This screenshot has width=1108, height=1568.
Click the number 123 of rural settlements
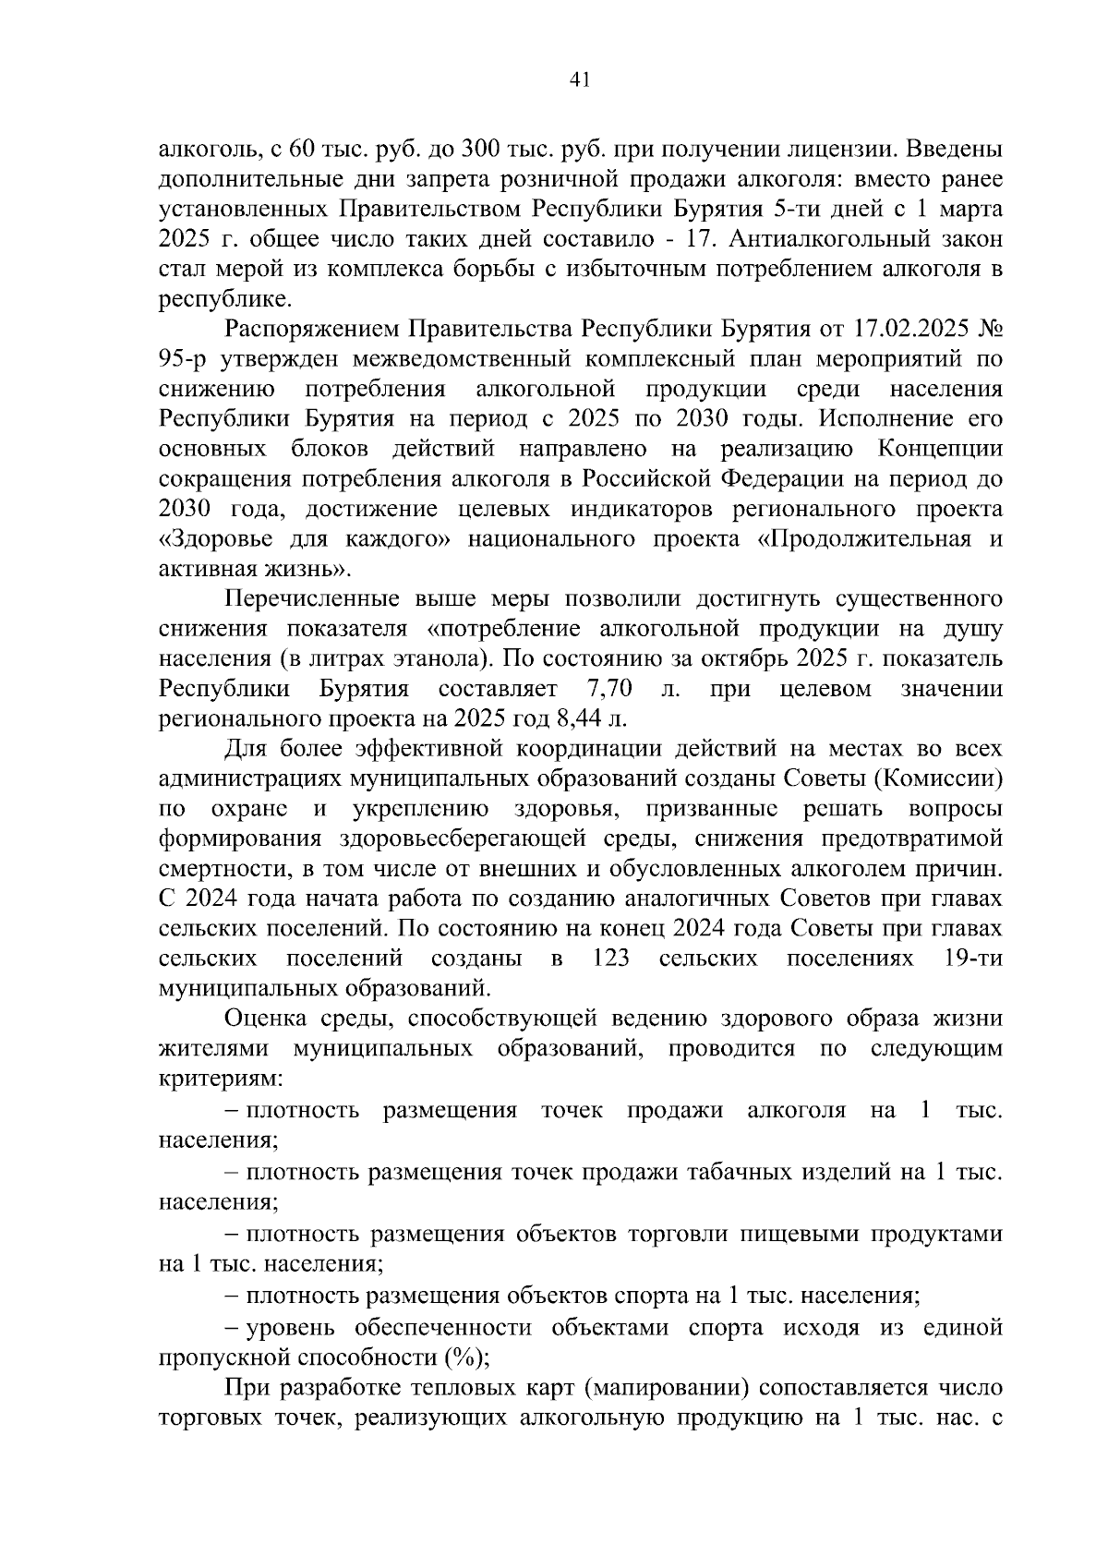(x=610, y=958)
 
